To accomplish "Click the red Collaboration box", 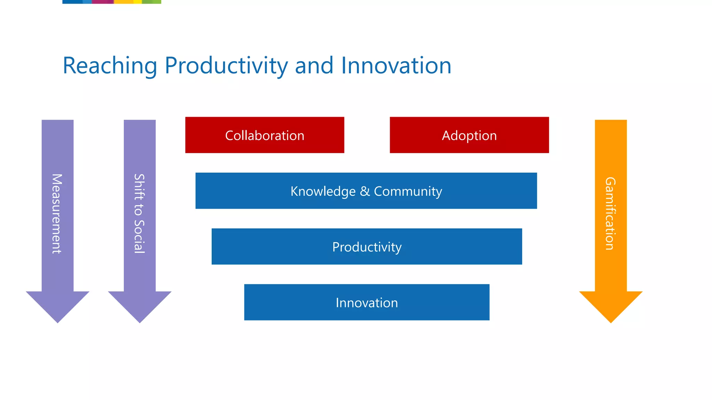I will [x=265, y=135].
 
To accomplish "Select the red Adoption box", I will [x=469, y=135].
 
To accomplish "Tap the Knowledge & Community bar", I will [x=366, y=191].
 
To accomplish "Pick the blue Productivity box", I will [x=366, y=247].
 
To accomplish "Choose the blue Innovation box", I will [x=366, y=302].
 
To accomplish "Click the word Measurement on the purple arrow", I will [x=57, y=214].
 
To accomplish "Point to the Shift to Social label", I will [x=139, y=214].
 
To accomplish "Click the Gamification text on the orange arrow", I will [x=610, y=214].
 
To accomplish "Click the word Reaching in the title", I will [x=110, y=66].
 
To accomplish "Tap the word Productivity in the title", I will [x=226, y=66].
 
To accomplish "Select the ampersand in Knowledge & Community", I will [x=365, y=191].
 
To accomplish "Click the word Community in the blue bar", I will [x=408, y=191].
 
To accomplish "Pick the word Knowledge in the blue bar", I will [x=323, y=191].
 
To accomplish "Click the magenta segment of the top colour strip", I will [x=103, y=2].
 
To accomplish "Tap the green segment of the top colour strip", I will [x=152, y=2].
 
